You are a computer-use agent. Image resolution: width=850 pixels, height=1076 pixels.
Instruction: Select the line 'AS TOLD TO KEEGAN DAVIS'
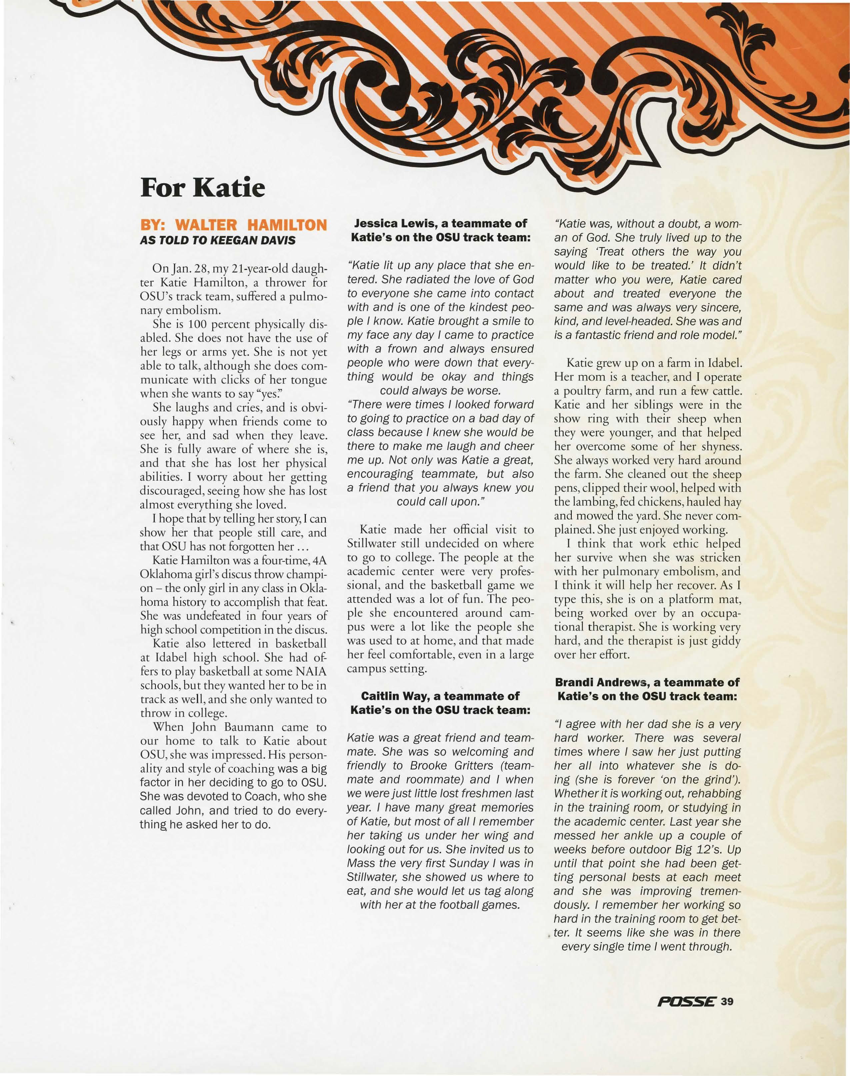(218, 240)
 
